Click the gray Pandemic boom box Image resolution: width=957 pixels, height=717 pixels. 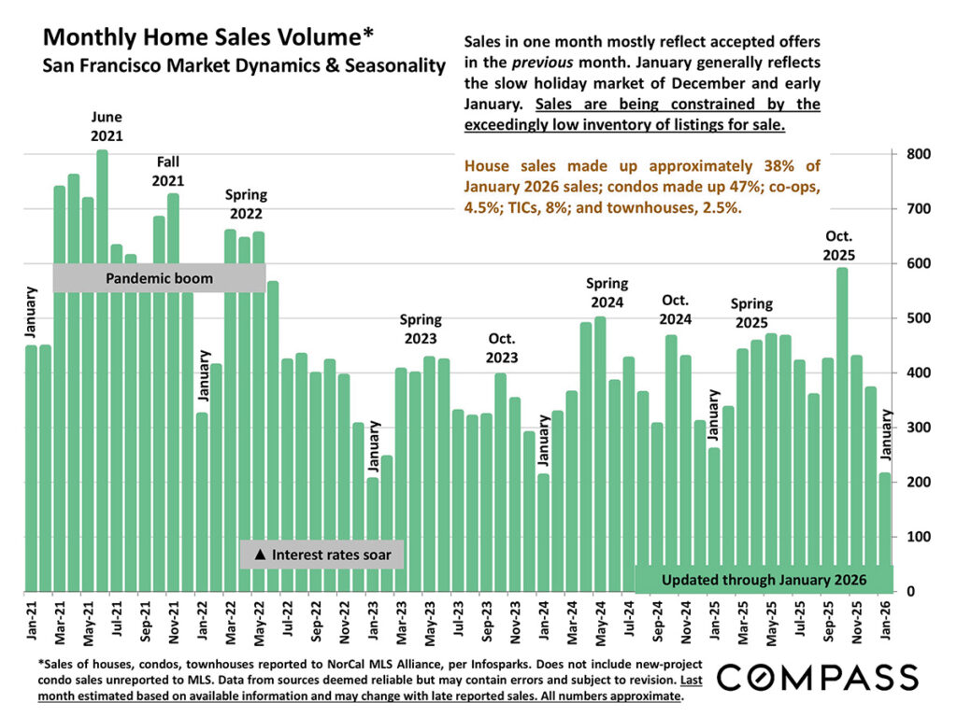(159, 278)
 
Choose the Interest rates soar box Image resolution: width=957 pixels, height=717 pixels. (321, 555)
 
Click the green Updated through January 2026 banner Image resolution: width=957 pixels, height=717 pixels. (764, 580)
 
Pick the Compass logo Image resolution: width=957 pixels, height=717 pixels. (817, 677)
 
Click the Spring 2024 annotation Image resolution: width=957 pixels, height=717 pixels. (607, 293)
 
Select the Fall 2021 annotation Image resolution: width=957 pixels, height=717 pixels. (168, 172)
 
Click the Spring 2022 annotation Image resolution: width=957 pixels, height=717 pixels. (247, 204)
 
